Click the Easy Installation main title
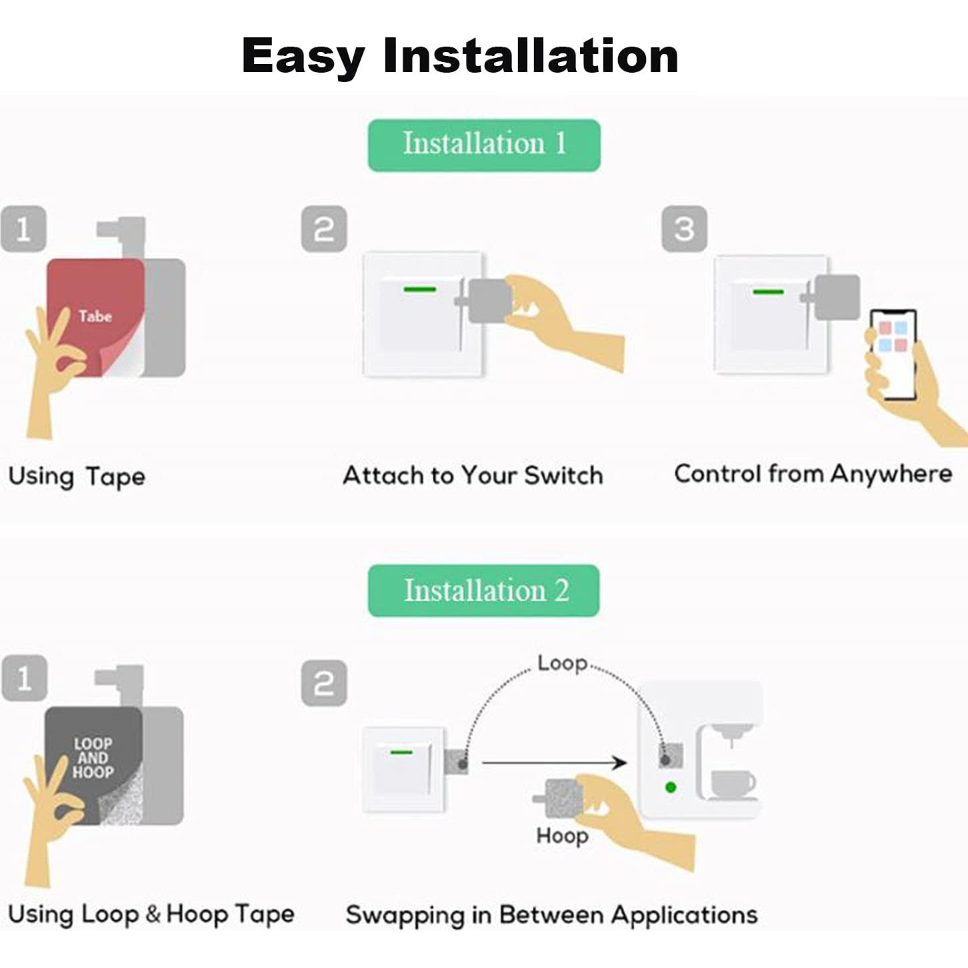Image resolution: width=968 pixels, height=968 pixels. click(460, 55)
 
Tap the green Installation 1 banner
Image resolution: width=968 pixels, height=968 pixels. click(484, 145)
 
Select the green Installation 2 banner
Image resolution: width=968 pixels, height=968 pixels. click(484, 591)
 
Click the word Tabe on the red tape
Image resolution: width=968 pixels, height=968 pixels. click(95, 316)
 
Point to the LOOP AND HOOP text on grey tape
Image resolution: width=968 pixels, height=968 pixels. click(93, 758)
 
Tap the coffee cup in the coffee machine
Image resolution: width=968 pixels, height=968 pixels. click(731, 783)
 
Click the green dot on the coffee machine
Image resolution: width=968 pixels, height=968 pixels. click(671, 787)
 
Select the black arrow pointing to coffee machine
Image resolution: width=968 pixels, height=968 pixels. click(553, 762)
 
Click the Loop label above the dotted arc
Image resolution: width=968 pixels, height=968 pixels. click(562, 663)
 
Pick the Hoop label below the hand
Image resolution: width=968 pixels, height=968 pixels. click(562, 836)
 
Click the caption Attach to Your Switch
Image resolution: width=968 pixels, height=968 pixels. click(473, 475)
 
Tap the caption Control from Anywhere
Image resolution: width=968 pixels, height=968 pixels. click(813, 474)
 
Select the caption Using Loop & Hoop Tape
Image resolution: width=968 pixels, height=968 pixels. click(151, 914)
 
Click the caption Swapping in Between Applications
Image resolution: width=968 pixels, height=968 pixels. click(551, 915)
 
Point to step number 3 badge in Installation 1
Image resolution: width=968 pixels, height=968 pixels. click(684, 229)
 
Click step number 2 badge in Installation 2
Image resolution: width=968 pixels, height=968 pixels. click(324, 683)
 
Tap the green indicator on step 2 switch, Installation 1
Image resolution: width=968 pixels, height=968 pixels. click(419, 289)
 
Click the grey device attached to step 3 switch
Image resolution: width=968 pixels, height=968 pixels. click(835, 297)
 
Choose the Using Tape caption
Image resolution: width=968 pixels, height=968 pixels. click(77, 477)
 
